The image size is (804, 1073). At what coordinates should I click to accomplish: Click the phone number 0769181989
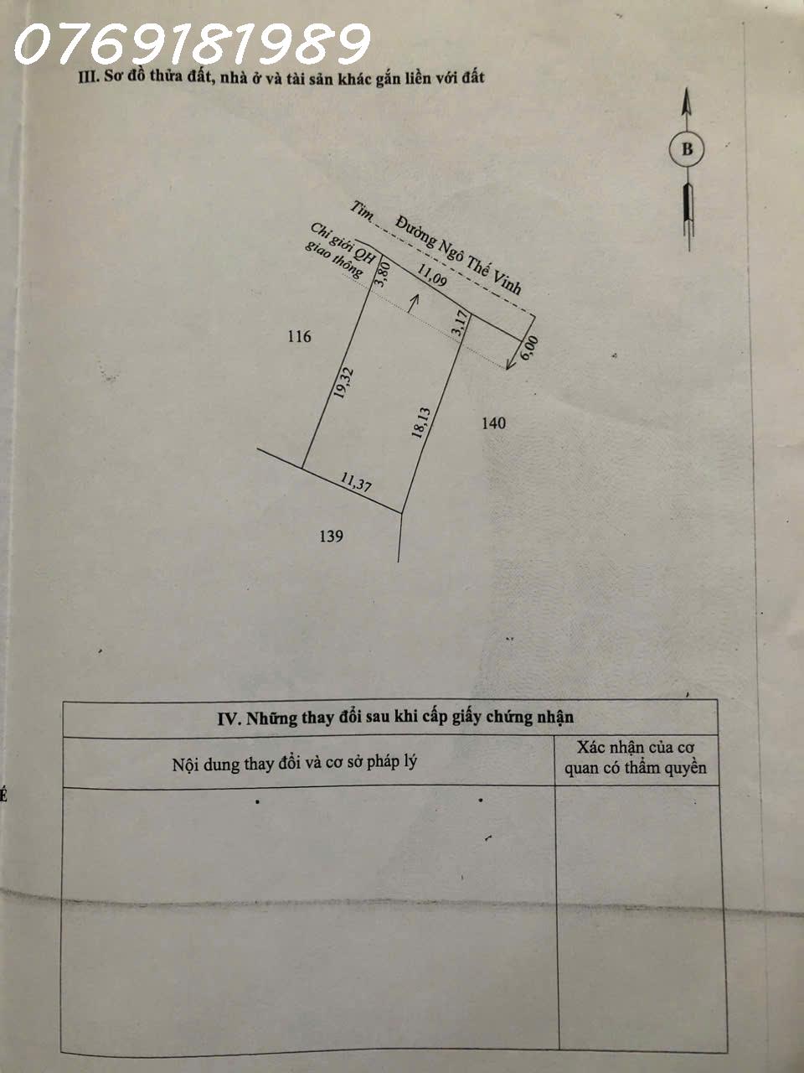192,44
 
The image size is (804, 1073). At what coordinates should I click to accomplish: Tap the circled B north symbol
687,150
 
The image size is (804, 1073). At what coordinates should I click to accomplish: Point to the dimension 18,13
421,423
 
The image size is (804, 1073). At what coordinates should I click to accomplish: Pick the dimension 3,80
384,273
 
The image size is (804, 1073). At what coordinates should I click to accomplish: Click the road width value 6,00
529,348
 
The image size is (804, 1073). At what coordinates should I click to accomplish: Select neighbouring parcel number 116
299,337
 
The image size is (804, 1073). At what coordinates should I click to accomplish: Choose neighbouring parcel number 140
493,423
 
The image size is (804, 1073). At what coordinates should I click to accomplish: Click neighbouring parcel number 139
332,536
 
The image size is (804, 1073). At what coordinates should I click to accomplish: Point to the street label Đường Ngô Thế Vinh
459,256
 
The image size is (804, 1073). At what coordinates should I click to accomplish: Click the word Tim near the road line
362,210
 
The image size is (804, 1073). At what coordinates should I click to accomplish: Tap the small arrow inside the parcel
412,303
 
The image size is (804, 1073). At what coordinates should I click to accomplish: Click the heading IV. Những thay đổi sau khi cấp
395,718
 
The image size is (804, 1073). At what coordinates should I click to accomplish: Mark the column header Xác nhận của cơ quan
636,757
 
